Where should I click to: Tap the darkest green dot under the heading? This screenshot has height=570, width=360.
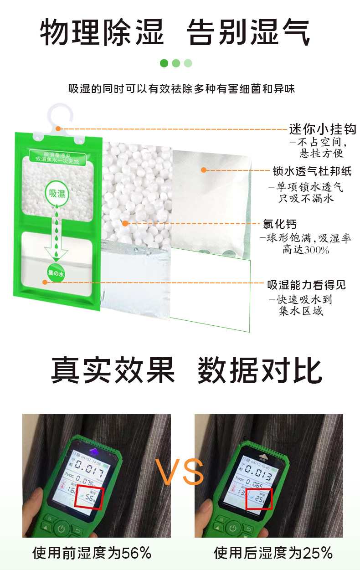coord(164,63)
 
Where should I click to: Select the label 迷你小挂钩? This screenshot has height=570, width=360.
coord(323,129)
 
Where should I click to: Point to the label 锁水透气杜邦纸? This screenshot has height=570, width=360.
coord(312,171)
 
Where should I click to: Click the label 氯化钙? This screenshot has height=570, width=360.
coord(280,224)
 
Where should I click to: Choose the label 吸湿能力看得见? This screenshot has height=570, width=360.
coord(306,285)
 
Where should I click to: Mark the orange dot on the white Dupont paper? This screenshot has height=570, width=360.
coord(204,170)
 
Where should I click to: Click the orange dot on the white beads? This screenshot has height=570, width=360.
coord(125,223)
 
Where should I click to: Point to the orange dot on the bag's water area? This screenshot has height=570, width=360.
coord(45,282)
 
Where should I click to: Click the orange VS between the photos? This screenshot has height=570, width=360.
coord(180,472)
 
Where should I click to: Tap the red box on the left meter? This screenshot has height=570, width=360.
coord(89,498)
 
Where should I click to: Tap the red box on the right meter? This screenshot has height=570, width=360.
coord(259,498)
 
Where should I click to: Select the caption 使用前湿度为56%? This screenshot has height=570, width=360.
coord(92,553)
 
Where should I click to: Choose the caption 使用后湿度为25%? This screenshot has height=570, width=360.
coord(273,553)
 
